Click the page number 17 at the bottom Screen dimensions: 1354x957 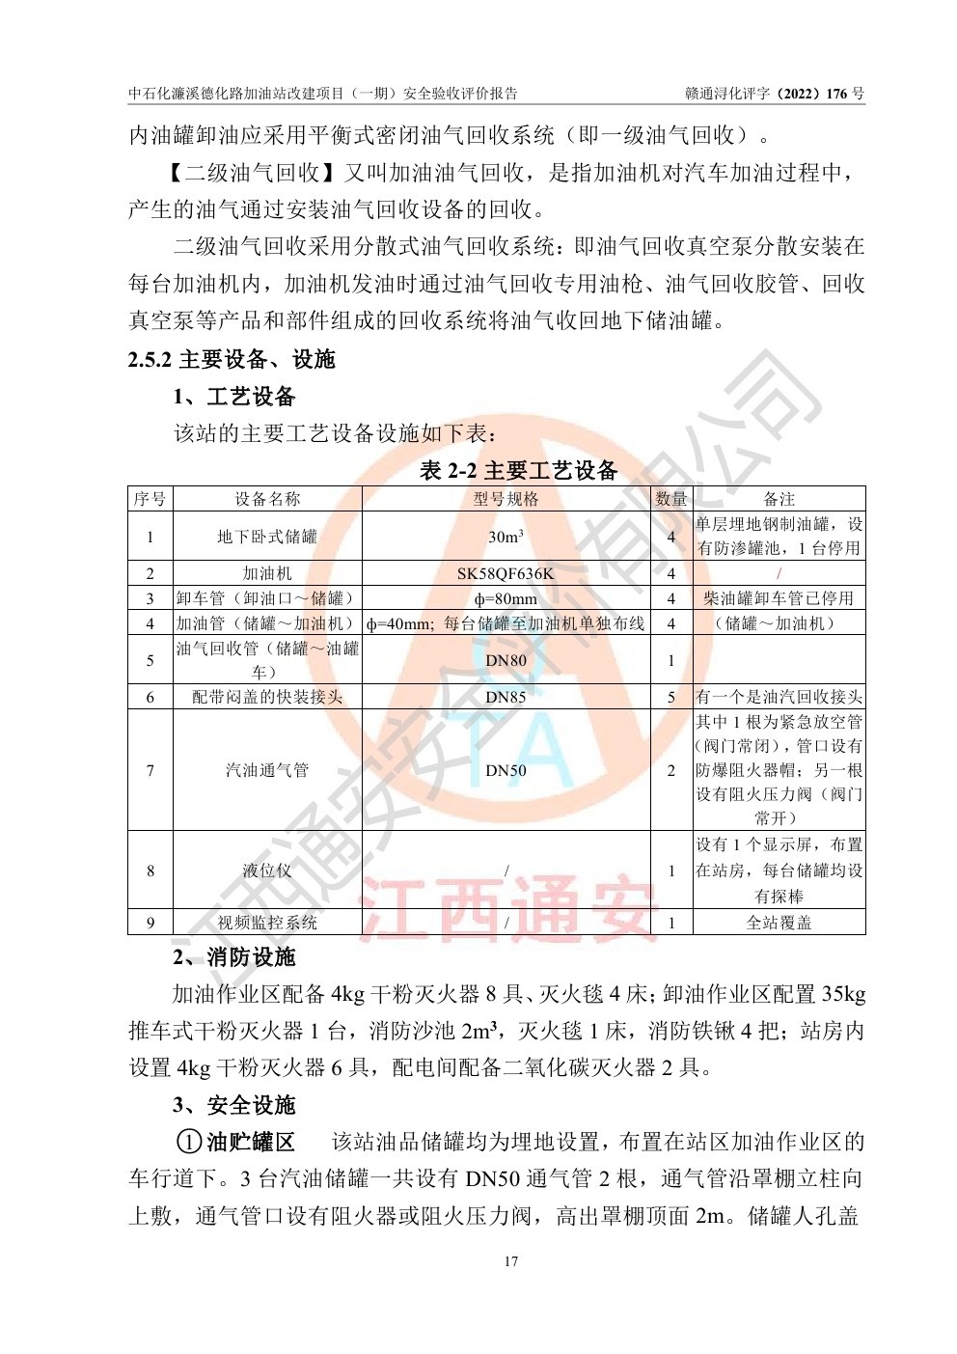tap(510, 1261)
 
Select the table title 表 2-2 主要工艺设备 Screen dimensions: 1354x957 tap(518, 471)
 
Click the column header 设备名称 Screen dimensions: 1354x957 tap(267, 499)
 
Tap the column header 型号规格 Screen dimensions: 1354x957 tap(506, 499)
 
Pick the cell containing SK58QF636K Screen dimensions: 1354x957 tap(506, 573)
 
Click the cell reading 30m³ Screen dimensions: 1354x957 tap(506, 537)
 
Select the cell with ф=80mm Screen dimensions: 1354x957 tap(506, 598)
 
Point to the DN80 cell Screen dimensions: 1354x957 tap(506, 660)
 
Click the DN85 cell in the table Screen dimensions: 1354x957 tap(506, 697)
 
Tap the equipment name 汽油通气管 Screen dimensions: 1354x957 tap(267, 770)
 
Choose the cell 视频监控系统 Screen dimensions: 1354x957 tap(267, 923)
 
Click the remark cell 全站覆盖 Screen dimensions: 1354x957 tap(779, 923)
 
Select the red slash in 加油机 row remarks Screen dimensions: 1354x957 tap(779, 573)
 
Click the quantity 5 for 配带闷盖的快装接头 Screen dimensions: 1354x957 tap(671, 697)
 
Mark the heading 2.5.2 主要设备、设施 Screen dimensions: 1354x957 tap(232, 360)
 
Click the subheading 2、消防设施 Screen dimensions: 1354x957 tap(234, 957)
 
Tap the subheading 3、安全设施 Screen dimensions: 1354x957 tap(234, 1105)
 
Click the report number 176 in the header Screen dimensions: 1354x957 tap(837, 94)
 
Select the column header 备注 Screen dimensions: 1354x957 tap(779, 499)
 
